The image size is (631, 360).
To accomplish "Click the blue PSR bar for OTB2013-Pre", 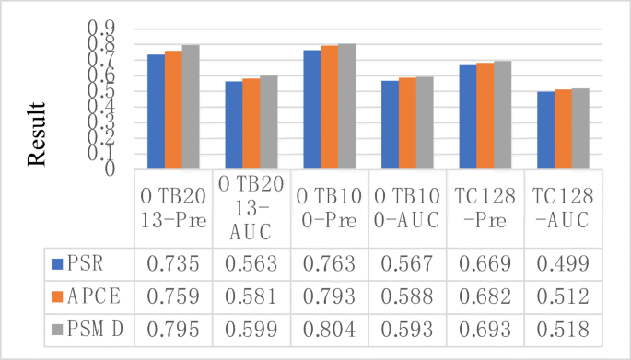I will tap(156, 111).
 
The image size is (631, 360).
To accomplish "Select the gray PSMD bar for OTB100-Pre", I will tap(346, 106).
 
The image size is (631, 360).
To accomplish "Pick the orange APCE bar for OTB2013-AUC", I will tap(251, 123).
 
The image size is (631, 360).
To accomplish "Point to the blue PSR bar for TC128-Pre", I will tap(467, 117).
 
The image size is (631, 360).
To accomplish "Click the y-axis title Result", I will tap(36, 137).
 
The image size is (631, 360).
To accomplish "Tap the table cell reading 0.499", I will tap(562, 264).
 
